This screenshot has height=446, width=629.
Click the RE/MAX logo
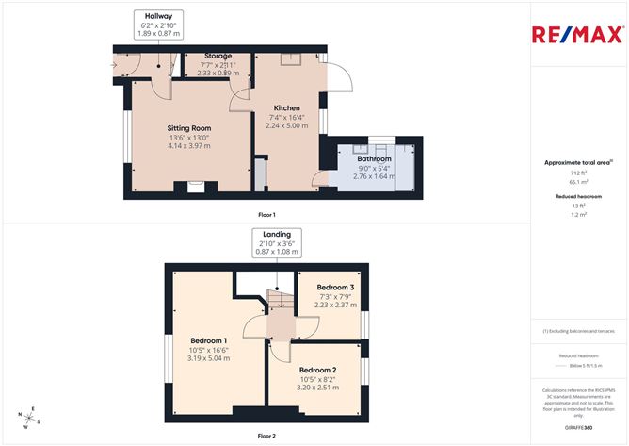point(577,36)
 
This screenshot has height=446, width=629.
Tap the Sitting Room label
point(188,127)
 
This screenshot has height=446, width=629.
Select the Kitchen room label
point(286,107)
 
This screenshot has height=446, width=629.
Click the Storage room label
point(218,57)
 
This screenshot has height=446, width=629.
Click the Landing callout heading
point(277,234)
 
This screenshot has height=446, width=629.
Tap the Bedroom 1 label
point(209,340)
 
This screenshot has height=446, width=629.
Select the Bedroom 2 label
point(317,370)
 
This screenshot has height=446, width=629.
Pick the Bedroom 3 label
point(335,287)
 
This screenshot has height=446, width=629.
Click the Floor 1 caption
point(266,215)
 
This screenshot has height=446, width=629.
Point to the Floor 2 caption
point(267,436)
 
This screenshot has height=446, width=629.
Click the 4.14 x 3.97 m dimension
point(188,146)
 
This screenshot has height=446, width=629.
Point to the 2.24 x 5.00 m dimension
point(286,125)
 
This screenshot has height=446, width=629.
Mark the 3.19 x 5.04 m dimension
point(209,358)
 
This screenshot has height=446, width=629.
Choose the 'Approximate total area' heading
point(577,163)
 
